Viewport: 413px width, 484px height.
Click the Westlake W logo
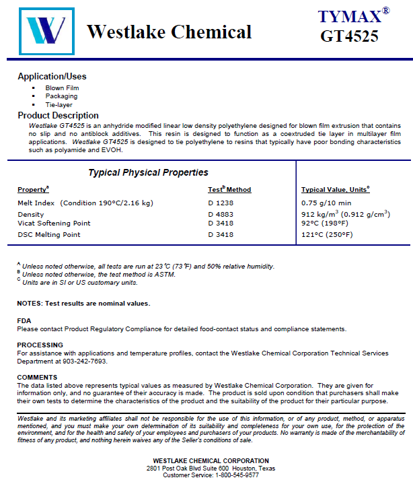pyautogui.click(x=45, y=30)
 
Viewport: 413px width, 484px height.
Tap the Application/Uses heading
pyautogui.click(x=52, y=76)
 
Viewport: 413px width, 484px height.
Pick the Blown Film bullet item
pyautogui.click(x=62, y=88)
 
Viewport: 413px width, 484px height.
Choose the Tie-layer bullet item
pyautogui.click(x=59, y=105)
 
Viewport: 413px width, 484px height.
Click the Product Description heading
pyautogui.click(x=58, y=115)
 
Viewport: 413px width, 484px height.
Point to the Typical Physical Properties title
pyautogui.click(x=148, y=172)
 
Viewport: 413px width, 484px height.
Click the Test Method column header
pyautogui.click(x=229, y=190)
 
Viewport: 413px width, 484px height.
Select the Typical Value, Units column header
pyautogui.click(x=335, y=190)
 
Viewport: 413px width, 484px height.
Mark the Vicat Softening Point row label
pyautogui.click(x=54, y=223)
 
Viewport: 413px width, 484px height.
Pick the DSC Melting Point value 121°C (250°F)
pyautogui.click(x=327, y=234)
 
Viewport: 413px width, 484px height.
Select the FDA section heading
pyautogui.click(x=24, y=321)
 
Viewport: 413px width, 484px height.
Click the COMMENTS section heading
pyautogui.click(x=37, y=377)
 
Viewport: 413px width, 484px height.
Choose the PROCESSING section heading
pyautogui.click(x=40, y=345)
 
